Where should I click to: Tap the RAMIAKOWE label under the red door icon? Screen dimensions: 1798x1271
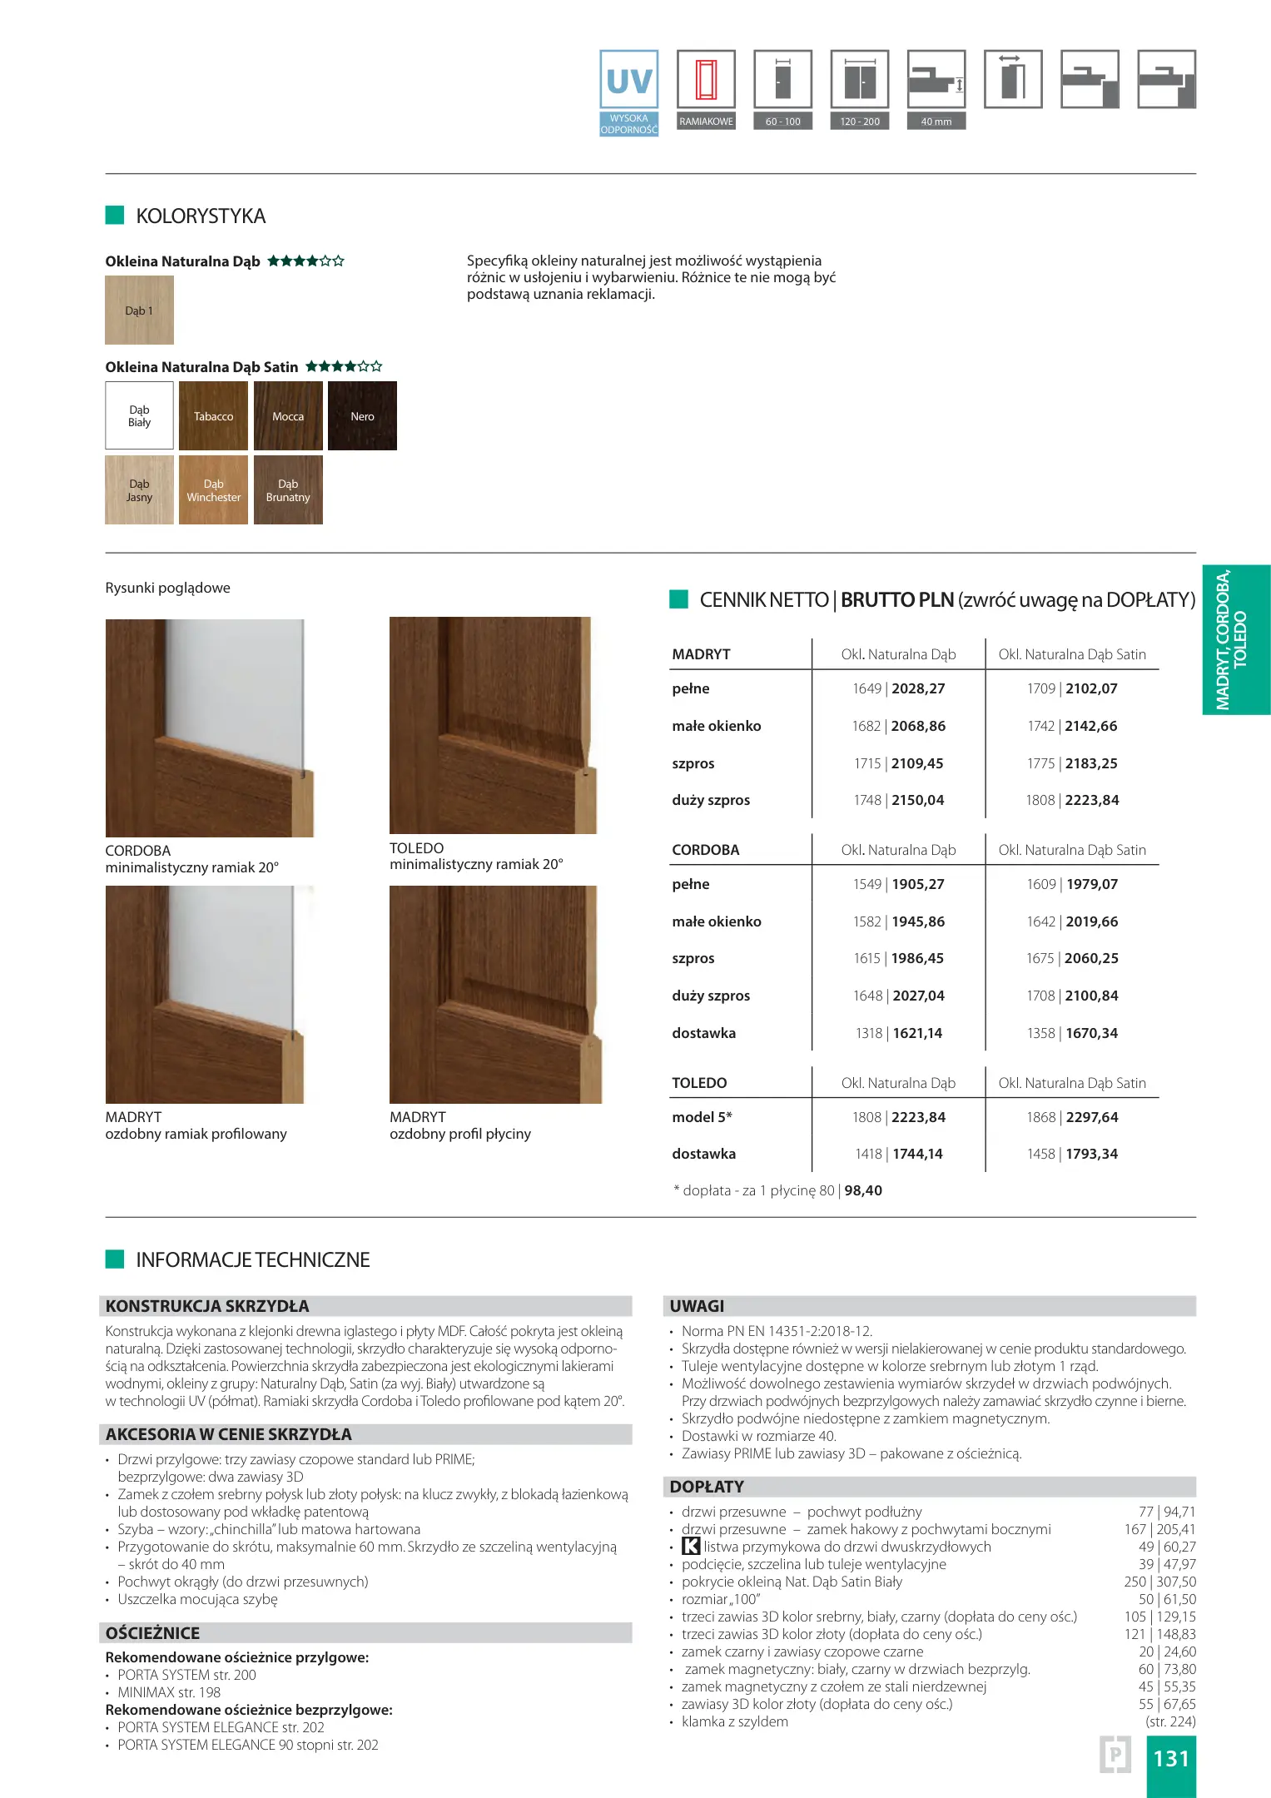click(706, 122)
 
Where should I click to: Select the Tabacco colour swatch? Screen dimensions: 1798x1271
click(214, 416)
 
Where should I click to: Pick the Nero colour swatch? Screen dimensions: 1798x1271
click(362, 416)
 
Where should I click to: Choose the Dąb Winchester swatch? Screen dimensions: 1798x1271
click(214, 490)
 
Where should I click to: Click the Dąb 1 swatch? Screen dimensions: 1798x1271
click(139, 310)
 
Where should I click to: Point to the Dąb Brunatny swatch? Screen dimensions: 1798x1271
click(288, 490)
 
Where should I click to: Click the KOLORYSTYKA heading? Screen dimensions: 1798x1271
click(201, 216)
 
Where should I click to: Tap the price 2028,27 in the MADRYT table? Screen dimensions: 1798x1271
click(918, 688)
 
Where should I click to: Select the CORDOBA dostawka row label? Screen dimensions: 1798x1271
click(704, 1033)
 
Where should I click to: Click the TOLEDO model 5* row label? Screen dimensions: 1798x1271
click(702, 1117)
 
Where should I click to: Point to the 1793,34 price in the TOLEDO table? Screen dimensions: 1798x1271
click(1092, 1154)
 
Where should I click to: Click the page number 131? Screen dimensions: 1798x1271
click(1171, 1758)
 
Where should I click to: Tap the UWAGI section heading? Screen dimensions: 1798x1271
click(698, 1306)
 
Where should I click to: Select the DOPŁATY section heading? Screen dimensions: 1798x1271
click(707, 1487)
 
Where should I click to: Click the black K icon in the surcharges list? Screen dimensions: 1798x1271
click(691, 1547)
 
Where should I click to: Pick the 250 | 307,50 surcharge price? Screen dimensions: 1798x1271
click(1159, 1582)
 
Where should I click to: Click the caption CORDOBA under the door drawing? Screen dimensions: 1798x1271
click(138, 851)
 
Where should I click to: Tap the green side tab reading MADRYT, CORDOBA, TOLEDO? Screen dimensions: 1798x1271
click(1235, 639)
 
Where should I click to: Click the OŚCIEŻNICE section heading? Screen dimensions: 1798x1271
click(152, 1633)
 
